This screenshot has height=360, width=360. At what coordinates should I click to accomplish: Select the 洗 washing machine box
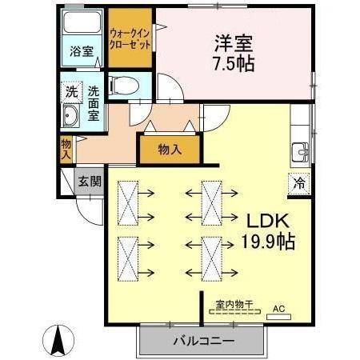pos(71,92)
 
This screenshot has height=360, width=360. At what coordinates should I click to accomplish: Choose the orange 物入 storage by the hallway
pos(169,150)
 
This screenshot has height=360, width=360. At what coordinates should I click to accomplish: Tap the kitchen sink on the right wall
pos(302,150)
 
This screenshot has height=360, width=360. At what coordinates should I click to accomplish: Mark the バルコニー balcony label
pos(202,341)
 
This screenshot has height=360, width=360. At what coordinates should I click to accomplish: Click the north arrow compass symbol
pos(58,340)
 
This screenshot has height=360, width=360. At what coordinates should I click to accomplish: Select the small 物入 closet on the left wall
pos(66,149)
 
